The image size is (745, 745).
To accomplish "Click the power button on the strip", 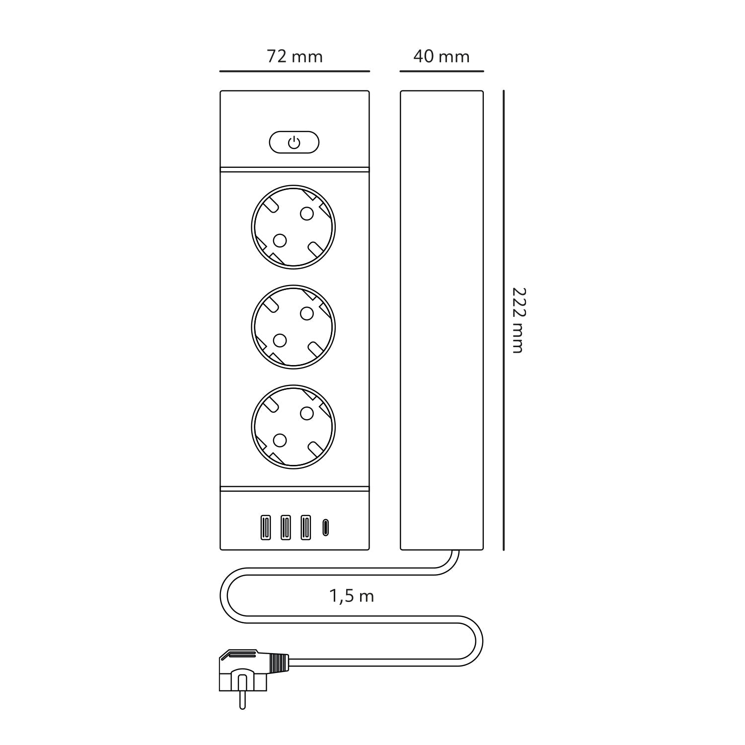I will click(x=294, y=143).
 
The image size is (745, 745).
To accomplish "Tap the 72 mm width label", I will click(x=295, y=57).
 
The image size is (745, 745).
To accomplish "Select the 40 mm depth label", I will click(x=442, y=57).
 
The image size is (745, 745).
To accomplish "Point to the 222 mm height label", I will click(x=518, y=320).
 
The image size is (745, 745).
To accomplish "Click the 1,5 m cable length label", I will click(x=352, y=596).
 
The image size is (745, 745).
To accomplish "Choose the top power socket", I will click(x=293, y=227).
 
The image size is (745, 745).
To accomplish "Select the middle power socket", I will click(x=293, y=327).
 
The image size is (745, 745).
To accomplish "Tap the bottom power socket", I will click(x=293, y=427).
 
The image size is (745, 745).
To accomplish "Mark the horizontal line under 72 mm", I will click(x=295, y=72).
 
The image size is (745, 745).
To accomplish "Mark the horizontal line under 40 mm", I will click(x=442, y=72).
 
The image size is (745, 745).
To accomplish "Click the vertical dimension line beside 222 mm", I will click(x=504, y=320).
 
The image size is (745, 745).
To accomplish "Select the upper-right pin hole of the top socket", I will click(x=307, y=214).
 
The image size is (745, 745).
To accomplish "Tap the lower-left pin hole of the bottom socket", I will click(x=280, y=440).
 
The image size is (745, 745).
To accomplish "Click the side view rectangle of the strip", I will click(x=442, y=320).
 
